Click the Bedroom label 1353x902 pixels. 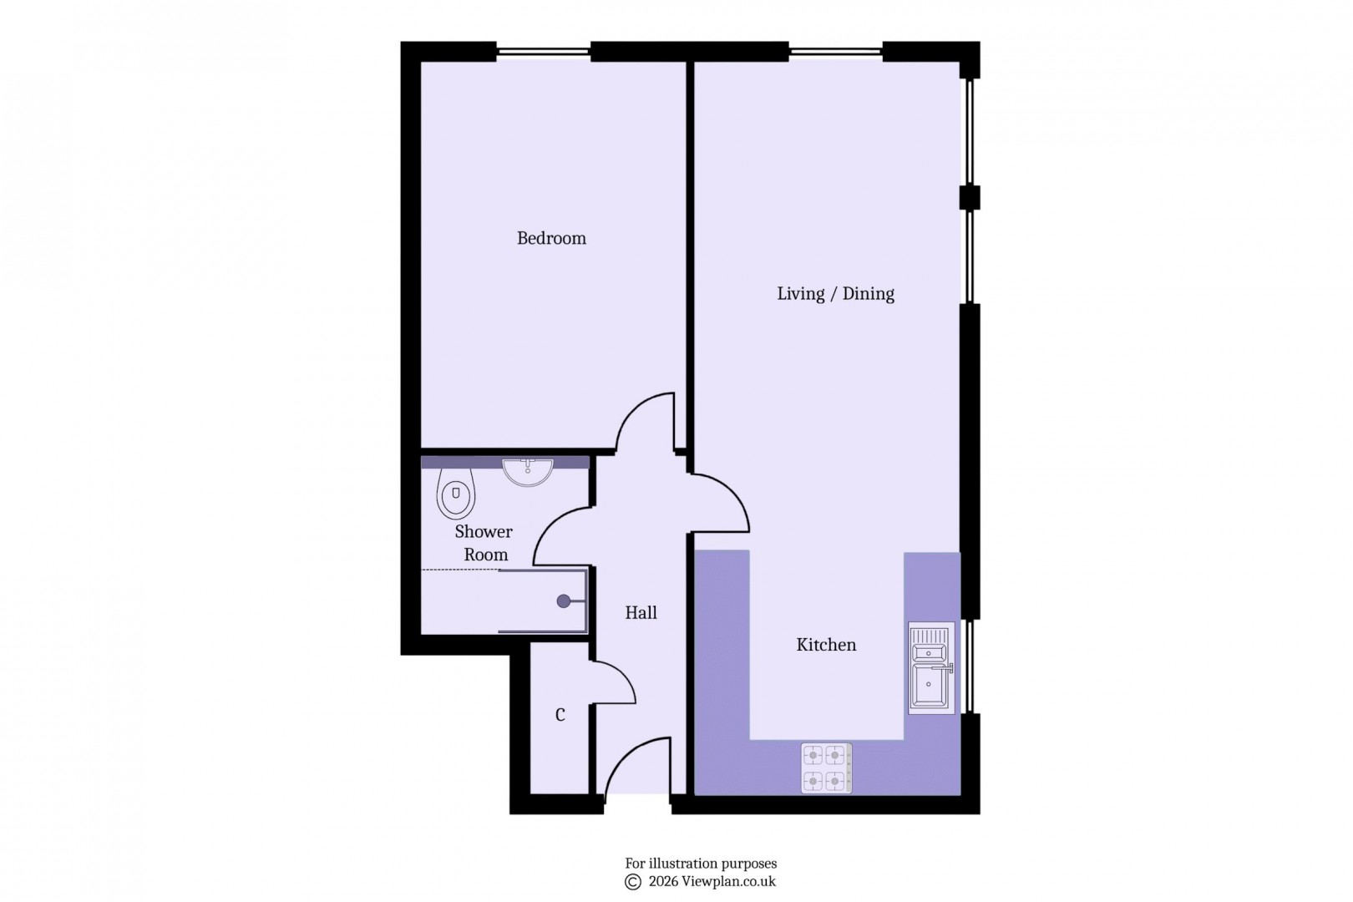pos(551,239)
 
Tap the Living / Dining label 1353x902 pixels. pos(835,294)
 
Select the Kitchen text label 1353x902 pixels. pos(826,645)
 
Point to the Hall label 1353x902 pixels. pos(641,613)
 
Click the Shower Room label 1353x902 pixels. pos(484,543)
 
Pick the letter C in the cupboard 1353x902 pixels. pos(560,715)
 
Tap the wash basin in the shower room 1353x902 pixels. pos(528,471)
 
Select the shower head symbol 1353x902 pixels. pos(564,600)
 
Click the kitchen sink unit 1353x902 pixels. pos(930,668)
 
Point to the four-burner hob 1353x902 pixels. pos(825,768)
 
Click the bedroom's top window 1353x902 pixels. pos(543,52)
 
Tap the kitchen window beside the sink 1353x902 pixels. pos(970,666)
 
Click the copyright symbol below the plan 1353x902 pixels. pos(633,882)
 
